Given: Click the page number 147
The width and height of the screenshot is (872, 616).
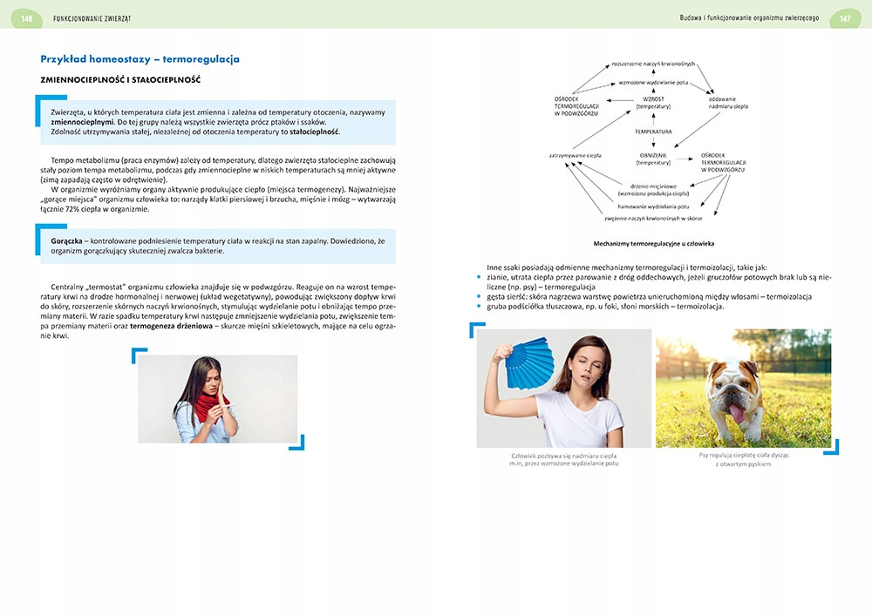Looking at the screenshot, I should pyautogui.click(x=845, y=18).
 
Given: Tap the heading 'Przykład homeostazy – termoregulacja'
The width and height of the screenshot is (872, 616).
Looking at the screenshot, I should pyautogui.click(x=140, y=59).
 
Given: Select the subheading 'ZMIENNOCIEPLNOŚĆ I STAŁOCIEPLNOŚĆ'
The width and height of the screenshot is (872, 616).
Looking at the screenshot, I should pyautogui.click(x=120, y=80).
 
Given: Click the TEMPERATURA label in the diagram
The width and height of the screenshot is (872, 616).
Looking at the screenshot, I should pyautogui.click(x=652, y=132).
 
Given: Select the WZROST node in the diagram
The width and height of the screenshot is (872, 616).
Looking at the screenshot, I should pyautogui.click(x=652, y=99).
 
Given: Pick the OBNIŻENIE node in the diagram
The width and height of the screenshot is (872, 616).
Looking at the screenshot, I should pyautogui.click(x=652, y=154).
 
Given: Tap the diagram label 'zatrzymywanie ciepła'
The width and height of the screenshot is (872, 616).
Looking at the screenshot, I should pyautogui.click(x=575, y=155).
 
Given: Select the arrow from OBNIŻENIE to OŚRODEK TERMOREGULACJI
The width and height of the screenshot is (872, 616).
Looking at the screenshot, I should pyautogui.click(x=685, y=157).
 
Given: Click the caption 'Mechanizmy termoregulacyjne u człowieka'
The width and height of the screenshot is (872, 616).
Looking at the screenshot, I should pyautogui.click(x=653, y=243).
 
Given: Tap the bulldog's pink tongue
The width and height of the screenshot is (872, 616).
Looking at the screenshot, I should pyautogui.click(x=738, y=414).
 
